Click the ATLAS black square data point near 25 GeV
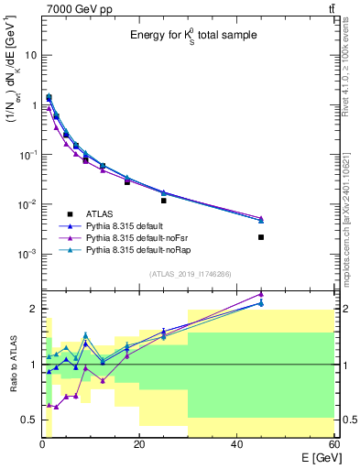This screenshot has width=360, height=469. point(163,200)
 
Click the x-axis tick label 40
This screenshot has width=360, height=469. point(236,444)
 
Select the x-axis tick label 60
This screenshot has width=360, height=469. point(333,444)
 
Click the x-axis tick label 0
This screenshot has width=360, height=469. point(42,444)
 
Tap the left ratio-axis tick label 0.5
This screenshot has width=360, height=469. point(28,420)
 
